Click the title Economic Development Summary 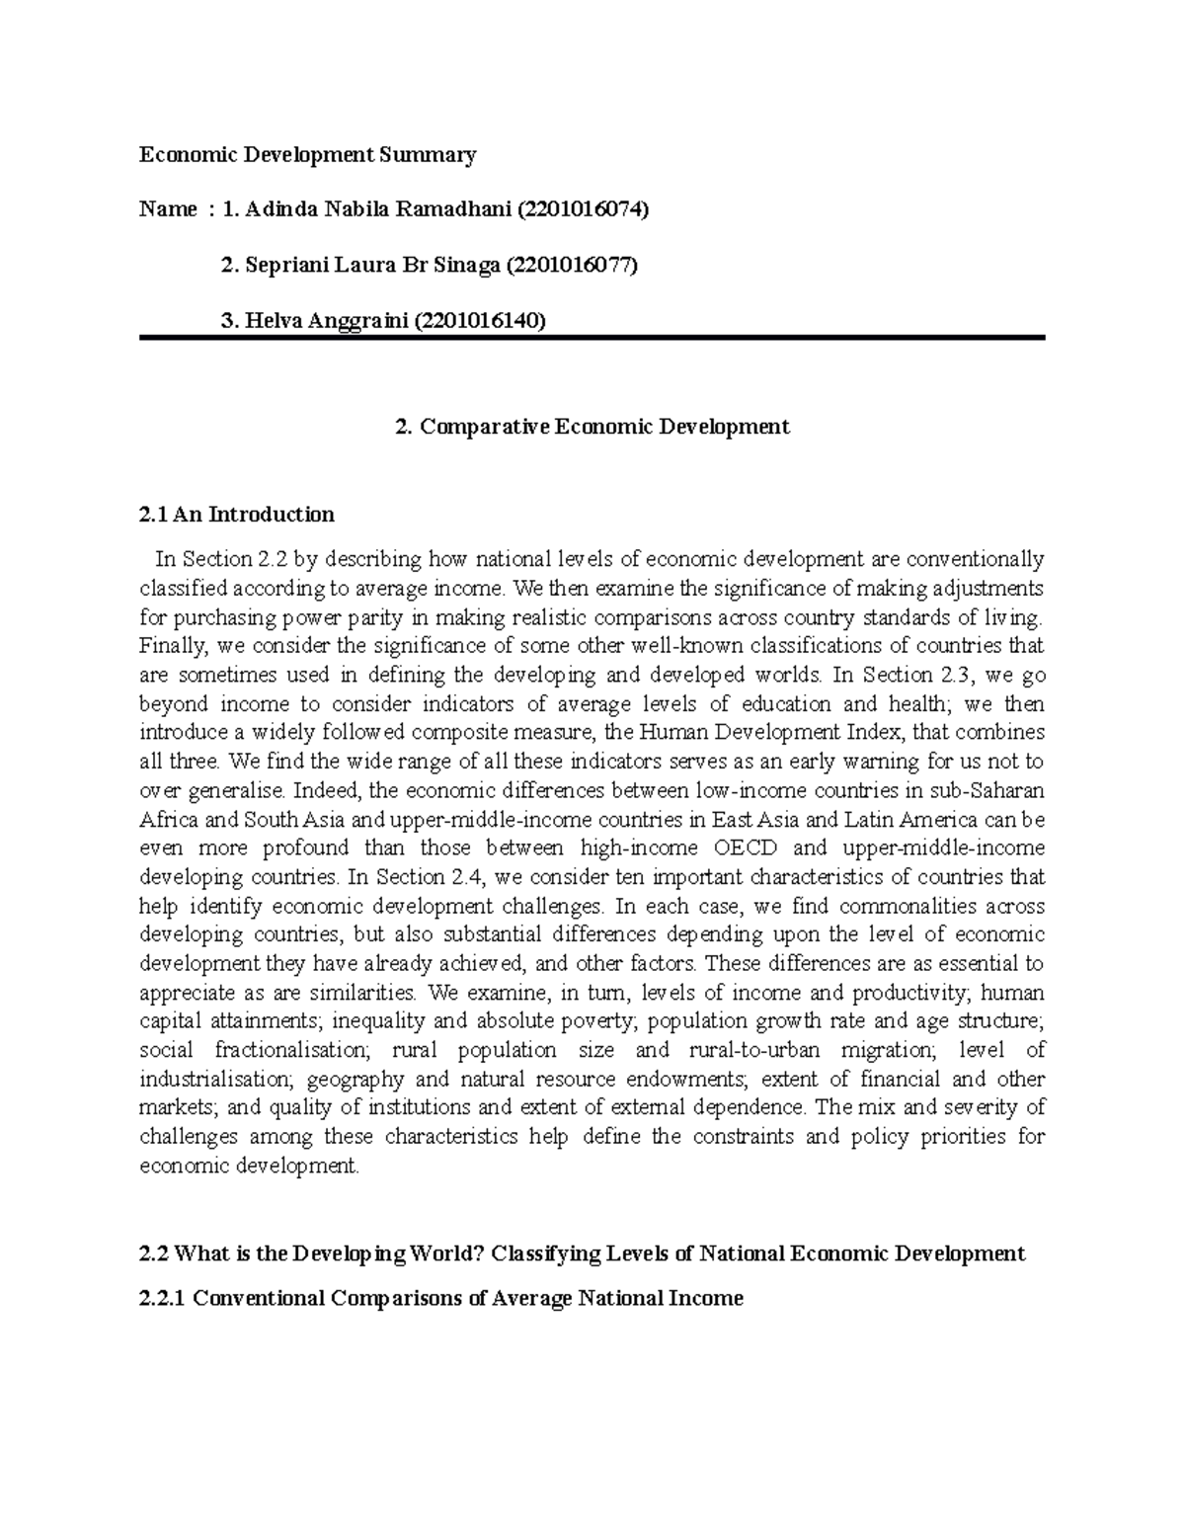pos(307,154)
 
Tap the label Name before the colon pos(168,209)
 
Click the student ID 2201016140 pos(479,320)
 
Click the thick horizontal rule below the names pos(592,339)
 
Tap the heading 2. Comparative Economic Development pos(592,427)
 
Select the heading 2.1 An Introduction pos(237,514)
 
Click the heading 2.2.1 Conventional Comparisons pos(441,1298)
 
